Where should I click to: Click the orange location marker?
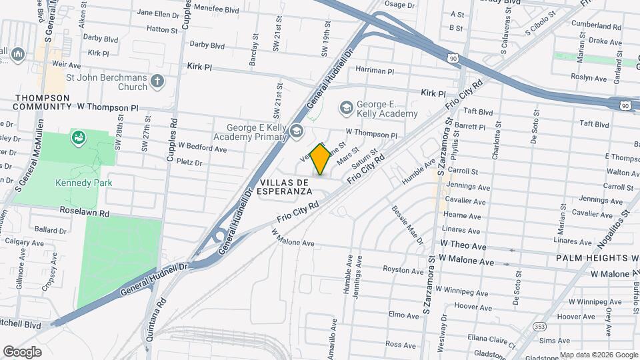pyautogui.click(x=321, y=159)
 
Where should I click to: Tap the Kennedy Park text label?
pyautogui.click(x=83, y=183)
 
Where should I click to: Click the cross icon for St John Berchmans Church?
pyautogui.click(x=157, y=82)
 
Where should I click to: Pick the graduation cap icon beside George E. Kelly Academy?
pyautogui.click(x=346, y=107)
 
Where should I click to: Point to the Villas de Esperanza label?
pyautogui.click(x=285, y=186)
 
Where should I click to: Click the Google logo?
pyautogui.click(x=23, y=351)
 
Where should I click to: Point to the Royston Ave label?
pyautogui.click(x=403, y=270)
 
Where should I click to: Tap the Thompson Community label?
pyautogui.click(x=43, y=102)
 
